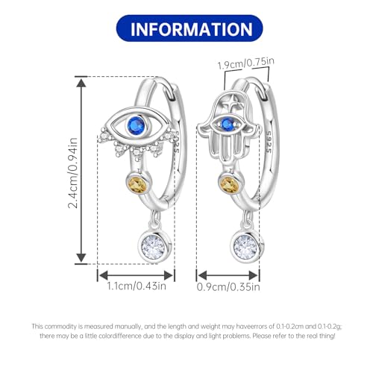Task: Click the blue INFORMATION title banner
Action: (x=189, y=28)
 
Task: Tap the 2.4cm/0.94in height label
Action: (x=73, y=173)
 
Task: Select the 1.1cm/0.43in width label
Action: (x=137, y=286)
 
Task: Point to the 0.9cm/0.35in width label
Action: (x=228, y=286)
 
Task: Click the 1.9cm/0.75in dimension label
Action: (x=246, y=63)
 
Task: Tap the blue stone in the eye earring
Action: (x=136, y=125)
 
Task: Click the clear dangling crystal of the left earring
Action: (x=154, y=247)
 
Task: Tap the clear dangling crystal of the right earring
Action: (x=245, y=247)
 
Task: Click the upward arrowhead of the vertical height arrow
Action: (x=81, y=83)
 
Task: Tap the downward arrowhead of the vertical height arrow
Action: (x=81, y=258)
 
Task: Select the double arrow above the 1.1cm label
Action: (x=136, y=275)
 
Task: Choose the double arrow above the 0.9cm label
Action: (x=228, y=275)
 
